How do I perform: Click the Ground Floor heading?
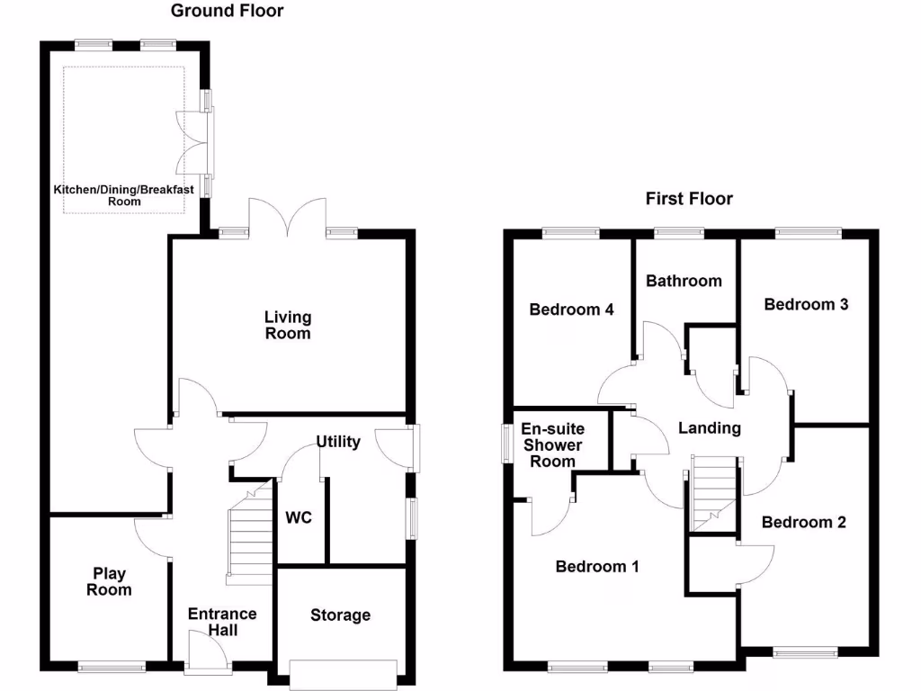coord(227,12)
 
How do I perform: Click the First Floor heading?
coord(689,199)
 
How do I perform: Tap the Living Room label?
coord(288,325)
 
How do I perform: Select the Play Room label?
coord(110,582)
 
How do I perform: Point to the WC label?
coord(299,519)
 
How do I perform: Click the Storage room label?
coord(340,615)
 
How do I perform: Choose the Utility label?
coord(338,442)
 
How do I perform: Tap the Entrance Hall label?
coord(222,622)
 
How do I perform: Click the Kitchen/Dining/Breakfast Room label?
coord(124,195)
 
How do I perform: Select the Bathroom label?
coord(684,281)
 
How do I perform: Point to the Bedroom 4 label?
coord(571,310)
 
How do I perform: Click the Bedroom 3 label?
coord(806,304)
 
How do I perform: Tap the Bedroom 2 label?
coord(803,522)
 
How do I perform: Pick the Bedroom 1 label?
coord(597,567)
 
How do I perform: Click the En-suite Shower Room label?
coord(552,445)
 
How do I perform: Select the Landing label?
coord(710,428)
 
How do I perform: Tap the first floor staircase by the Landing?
coord(714,493)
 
